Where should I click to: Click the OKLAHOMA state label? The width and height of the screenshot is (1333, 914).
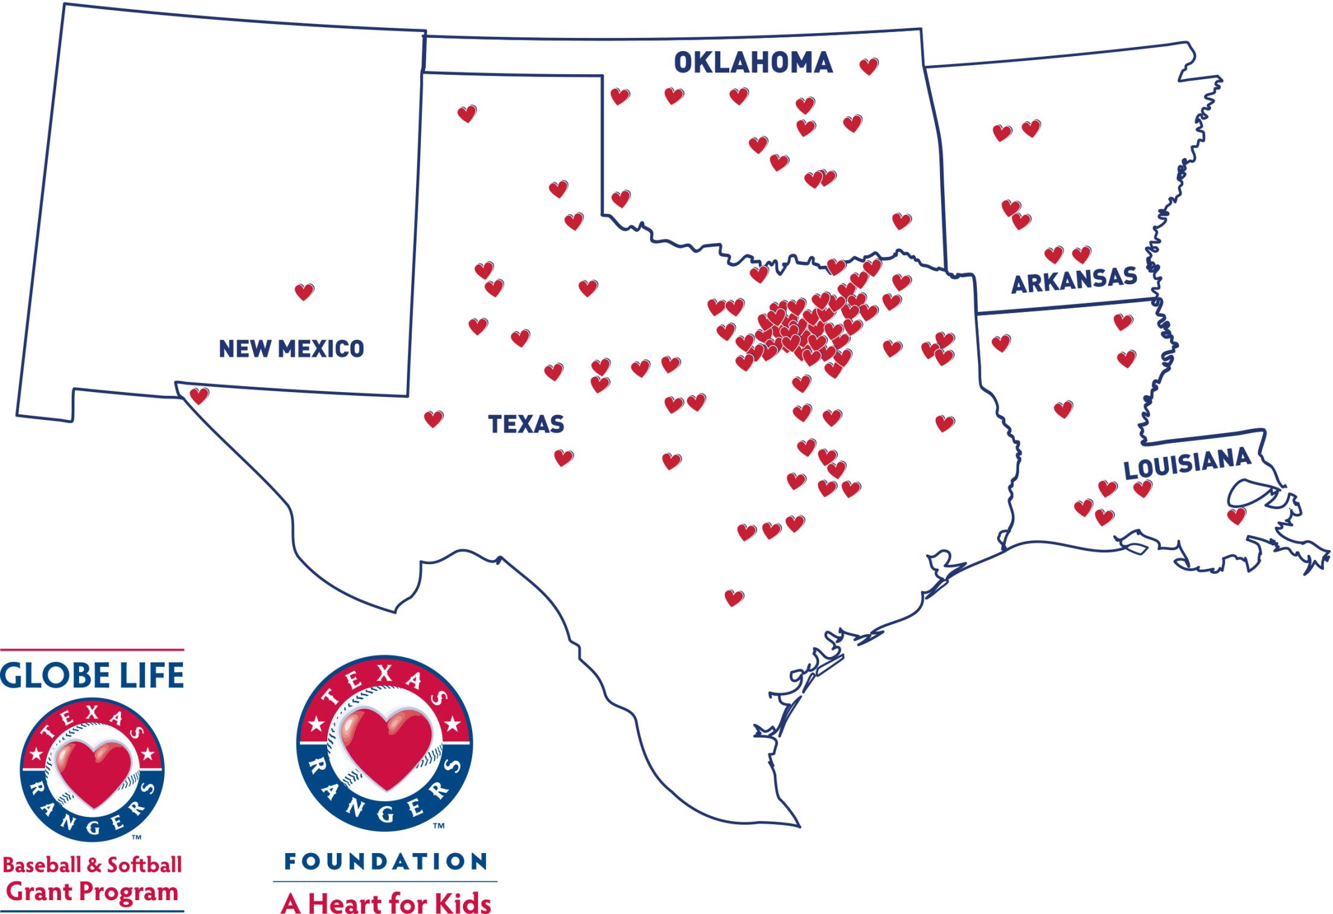click(753, 63)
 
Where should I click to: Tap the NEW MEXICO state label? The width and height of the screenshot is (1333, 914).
click(291, 349)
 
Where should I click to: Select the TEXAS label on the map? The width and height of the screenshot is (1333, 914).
click(526, 424)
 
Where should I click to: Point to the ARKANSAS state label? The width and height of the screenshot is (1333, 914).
click(1074, 281)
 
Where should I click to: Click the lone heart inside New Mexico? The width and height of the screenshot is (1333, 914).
click(304, 292)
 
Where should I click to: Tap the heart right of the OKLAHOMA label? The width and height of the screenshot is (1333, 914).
click(869, 66)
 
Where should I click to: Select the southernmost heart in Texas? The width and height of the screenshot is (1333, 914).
click(734, 598)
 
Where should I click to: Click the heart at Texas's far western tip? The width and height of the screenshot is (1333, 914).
click(199, 396)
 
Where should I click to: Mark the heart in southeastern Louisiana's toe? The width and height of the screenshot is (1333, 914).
click(1236, 516)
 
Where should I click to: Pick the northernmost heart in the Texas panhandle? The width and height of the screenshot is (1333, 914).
click(467, 113)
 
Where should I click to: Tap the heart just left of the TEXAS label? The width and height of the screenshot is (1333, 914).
click(433, 419)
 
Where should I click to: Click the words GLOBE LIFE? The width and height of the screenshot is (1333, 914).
click(92, 676)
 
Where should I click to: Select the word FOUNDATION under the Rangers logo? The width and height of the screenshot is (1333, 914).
click(386, 862)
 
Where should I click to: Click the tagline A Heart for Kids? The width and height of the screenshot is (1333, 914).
click(386, 903)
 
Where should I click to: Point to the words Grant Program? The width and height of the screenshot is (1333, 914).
click(92, 892)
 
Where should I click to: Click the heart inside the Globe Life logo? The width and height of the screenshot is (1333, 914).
click(93, 772)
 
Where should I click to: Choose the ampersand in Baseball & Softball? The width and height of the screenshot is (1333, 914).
click(93, 865)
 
